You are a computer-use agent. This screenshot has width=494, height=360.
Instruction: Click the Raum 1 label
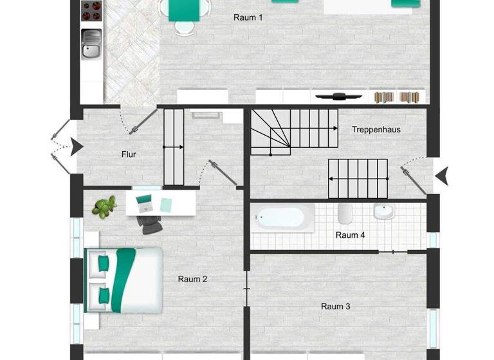pos(248,18)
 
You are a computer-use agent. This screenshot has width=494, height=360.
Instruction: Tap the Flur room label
pos(129,154)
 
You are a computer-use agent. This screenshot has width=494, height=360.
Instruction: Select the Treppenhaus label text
pos(376,130)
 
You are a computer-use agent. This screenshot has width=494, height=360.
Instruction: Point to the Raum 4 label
pos(350,235)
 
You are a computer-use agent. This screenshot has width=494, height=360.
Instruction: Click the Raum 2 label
pos(192,279)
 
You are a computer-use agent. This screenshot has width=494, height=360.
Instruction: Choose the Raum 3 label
pos(335,307)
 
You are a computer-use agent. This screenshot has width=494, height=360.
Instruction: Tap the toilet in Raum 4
pos(344,213)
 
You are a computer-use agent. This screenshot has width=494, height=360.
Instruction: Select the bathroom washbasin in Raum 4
pos(384,212)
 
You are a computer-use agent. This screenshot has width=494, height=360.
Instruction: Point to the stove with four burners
pos(91,11)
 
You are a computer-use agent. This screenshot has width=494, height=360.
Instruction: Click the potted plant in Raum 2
pos(105,207)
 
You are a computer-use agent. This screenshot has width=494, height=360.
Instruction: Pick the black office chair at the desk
pos(150,223)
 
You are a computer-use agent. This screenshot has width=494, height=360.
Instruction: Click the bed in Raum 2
pos(123,280)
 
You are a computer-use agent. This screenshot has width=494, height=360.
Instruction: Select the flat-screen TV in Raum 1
pos(339,97)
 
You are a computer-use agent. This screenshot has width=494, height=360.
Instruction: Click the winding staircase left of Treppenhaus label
pos(270,132)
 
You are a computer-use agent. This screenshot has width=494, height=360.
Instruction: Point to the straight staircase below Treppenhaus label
pos(358,179)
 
